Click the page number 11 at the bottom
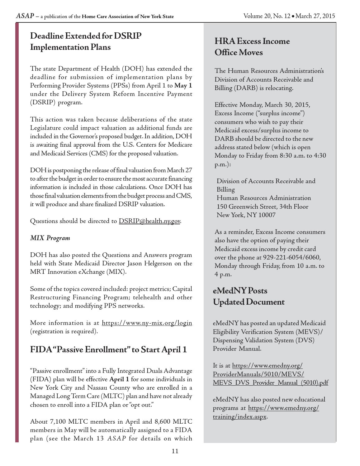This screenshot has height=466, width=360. coord(175,451)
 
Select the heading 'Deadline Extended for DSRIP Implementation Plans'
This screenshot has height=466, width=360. coord(86,41)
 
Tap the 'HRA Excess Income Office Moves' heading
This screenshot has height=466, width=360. coord(252,47)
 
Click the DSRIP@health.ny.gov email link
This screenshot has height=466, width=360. coord(149,221)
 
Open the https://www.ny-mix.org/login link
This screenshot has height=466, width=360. coord(147,323)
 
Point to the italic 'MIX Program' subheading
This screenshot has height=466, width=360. coord(50,238)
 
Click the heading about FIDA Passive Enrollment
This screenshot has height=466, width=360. coord(108,349)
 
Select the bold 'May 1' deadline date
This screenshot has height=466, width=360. coord(183,86)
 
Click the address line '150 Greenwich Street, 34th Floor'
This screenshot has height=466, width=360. coord(262,207)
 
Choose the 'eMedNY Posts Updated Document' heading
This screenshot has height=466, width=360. coord(249,296)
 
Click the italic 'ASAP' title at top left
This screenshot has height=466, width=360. coord(25,16)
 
